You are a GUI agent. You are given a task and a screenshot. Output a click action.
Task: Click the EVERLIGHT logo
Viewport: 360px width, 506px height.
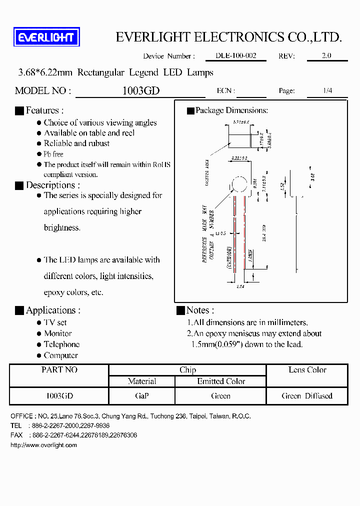(x=46, y=37)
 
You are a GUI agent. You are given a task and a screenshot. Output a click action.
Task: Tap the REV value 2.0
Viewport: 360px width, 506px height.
(x=326, y=56)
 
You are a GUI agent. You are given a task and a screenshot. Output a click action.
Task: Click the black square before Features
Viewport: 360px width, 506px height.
(x=19, y=111)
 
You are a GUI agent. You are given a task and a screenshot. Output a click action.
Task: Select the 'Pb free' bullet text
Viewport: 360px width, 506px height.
(x=53, y=154)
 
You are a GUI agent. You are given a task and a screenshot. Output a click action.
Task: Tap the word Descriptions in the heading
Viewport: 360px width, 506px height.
(x=50, y=185)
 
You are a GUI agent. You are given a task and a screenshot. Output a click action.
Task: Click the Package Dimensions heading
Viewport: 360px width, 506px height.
(x=231, y=110)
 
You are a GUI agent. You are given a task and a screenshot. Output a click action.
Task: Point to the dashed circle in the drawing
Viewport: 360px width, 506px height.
(x=239, y=185)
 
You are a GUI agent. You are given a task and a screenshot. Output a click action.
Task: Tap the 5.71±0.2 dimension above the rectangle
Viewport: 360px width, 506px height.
(x=240, y=121)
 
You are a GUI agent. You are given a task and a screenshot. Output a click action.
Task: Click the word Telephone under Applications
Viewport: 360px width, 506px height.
(x=61, y=344)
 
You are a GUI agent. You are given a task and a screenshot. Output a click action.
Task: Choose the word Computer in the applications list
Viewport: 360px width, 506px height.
(x=61, y=355)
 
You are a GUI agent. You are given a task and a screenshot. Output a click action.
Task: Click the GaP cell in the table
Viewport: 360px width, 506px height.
(x=141, y=395)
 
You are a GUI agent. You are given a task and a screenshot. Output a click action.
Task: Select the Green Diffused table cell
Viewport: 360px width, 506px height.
(x=306, y=395)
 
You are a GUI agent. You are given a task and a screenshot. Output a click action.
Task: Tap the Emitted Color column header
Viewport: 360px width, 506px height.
(x=221, y=381)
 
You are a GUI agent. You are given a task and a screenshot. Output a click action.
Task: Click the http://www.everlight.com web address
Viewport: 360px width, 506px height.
(x=43, y=445)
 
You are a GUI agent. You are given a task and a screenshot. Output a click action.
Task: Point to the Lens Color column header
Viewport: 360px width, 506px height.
(x=307, y=370)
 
